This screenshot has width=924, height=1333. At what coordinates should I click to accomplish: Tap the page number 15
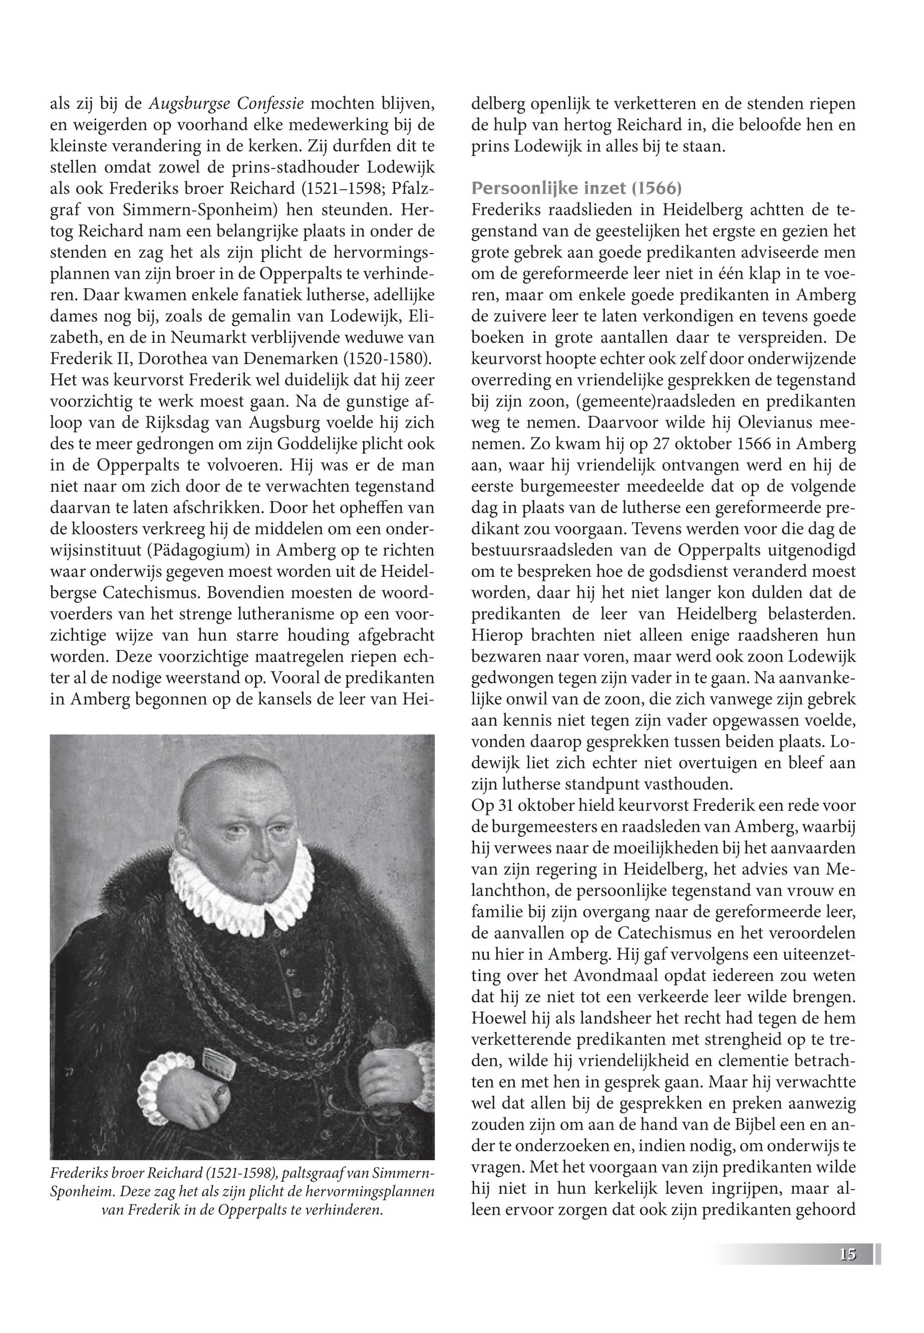(x=847, y=1251)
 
